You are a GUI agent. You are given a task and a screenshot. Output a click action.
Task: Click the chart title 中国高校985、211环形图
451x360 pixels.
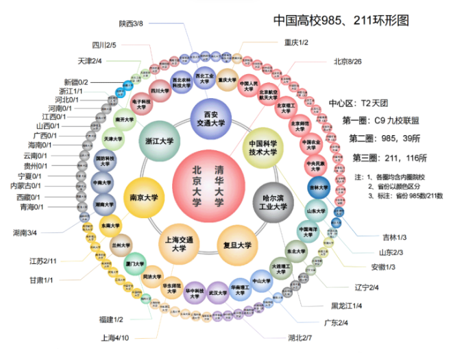tap(341, 21)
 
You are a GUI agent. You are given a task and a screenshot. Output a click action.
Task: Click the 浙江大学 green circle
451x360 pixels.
tap(158, 141)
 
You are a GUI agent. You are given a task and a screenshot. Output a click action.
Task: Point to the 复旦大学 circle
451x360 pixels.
tap(237, 245)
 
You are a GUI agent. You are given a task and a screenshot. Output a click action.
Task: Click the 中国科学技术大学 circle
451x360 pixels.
tap(262, 148)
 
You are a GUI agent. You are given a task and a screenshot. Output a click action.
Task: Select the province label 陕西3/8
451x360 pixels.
tap(130, 23)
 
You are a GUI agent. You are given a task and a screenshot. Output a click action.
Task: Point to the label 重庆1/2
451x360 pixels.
tap(296, 43)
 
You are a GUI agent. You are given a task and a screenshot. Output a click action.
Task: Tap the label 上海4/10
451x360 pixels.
tap(114, 337)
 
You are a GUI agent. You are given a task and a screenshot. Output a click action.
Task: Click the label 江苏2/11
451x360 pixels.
tap(42, 261)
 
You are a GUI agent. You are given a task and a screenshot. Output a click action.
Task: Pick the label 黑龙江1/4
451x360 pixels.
tap(346, 305)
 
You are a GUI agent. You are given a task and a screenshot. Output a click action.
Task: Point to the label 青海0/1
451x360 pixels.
tap(31, 206)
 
